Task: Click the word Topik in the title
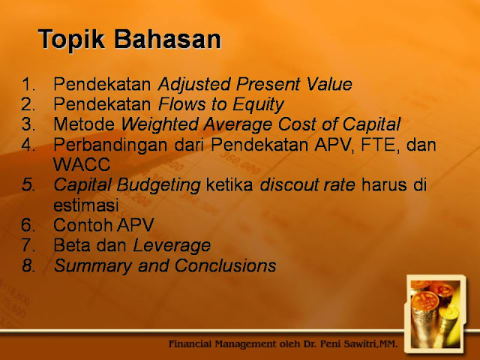tap(71, 40)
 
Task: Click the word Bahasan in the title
tap(167, 39)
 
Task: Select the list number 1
tap(28, 84)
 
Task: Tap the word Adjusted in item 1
tap(194, 85)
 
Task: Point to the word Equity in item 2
tap(258, 105)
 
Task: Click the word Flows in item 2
tap(181, 104)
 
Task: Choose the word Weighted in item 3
tap(160, 125)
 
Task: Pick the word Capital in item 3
tap(371, 125)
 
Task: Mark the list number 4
tap(28, 145)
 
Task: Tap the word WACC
tap(82, 164)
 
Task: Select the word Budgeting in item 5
tap(158, 185)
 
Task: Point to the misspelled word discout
tap(289, 185)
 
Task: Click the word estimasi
tap(86, 205)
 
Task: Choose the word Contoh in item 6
tap(82, 225)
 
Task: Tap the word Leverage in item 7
tap(172, 246)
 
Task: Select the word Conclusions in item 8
tap(226, 265)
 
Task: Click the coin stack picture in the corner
tap(436, 314)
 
